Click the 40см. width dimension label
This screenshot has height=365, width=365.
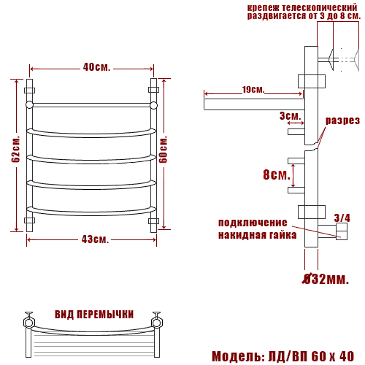(96, 67)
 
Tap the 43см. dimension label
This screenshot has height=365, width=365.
(95, 239)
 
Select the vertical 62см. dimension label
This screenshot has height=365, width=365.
(16, 148)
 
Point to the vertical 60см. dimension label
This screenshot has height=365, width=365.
(163, 149)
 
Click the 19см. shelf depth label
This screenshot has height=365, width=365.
(253, 89)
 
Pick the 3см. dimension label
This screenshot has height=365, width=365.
(291, 116)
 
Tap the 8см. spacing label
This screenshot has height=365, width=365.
(277, 174)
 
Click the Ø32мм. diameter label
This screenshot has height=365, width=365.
(326, 279)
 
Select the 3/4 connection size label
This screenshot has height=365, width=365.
(342, 218)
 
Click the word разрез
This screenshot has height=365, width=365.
(342, 120)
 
